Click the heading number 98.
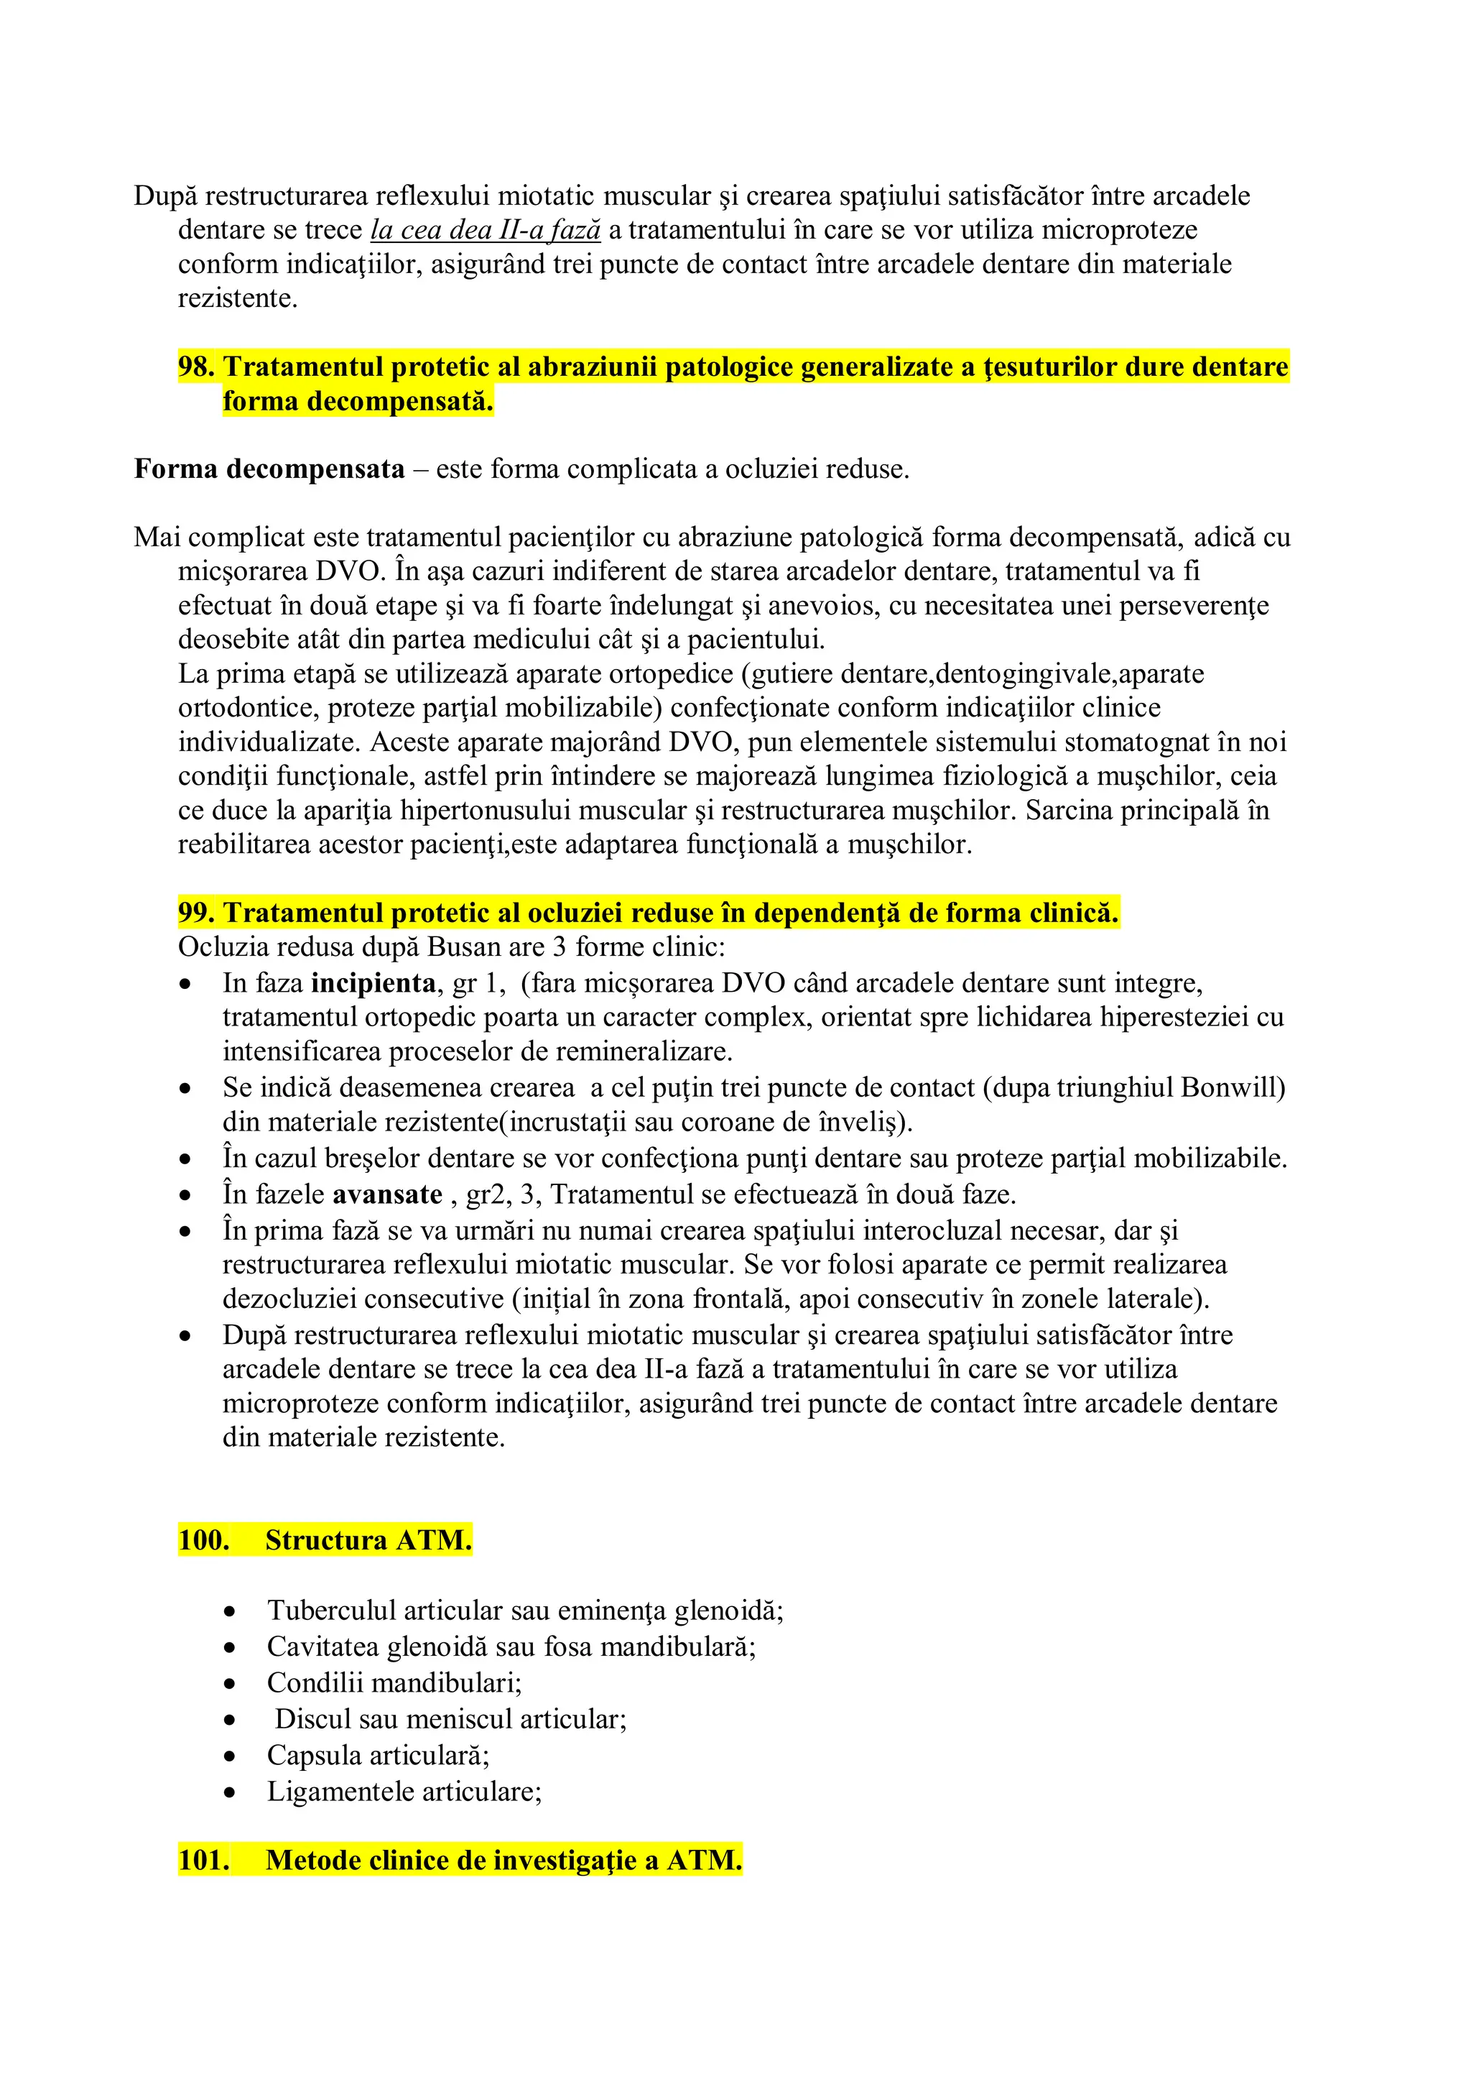pos(196,367)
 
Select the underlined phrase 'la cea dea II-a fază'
pos(486,230)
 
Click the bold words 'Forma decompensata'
pos(269,470)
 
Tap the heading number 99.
pos(196,913)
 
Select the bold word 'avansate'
pos(387,1195)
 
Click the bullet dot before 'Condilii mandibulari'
pos(231,1685)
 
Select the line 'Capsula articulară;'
pos(378,1756)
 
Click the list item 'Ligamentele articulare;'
pos(404,1792)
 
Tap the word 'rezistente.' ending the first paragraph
pos(238,298)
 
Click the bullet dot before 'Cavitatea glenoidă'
pos(231,1649)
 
